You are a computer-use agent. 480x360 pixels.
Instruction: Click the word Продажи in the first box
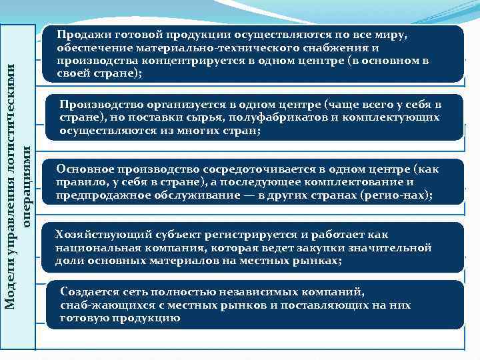(79, 35)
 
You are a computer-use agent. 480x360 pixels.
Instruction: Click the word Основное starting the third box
(81, 169)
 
